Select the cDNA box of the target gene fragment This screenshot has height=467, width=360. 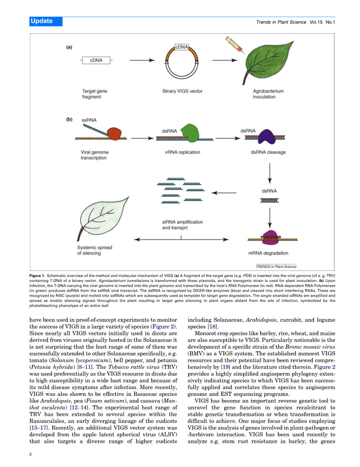pyautogui.click(x=96, y=60)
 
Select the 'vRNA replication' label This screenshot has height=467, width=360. pyautogui.click(x=183, y=152)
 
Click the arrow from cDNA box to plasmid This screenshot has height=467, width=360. pyautogui.click(x=142, y=60)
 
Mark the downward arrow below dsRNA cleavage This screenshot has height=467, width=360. pyautogui.click(x=269, y=173)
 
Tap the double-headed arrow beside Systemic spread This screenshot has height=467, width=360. pyautogui.click(x=182, y=239)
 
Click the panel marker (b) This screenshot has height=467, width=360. pyautogui.click(x=69, y=120)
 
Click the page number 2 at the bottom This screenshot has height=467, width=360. pyautogui.click(x=31, y=454)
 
